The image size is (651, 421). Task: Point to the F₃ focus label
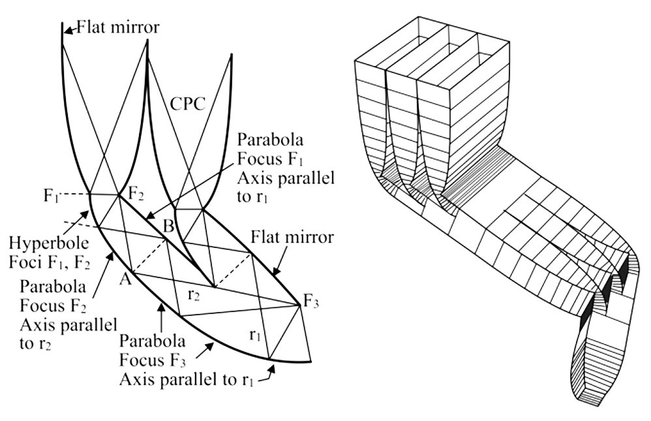click(x=312, y=302)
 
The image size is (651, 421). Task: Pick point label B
click(x=168, y=226)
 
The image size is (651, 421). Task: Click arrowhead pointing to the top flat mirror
click(x=68, y=28)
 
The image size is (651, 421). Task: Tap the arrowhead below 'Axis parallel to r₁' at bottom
click(x=273, y=369)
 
